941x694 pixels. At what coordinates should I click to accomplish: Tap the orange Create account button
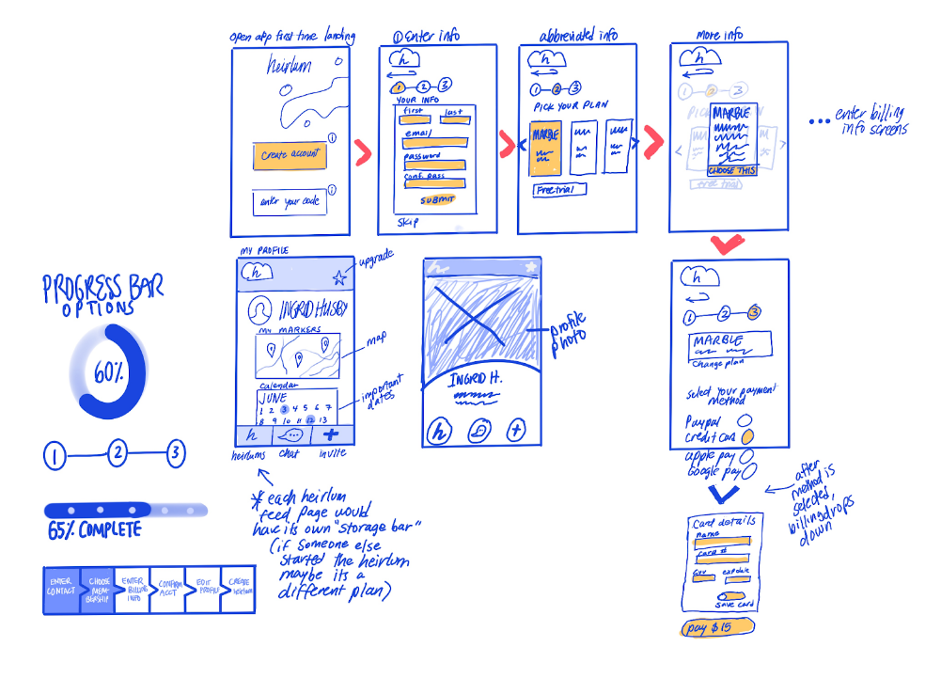pyautogui.click(x=290, y=156)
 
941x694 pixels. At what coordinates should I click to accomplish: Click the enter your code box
pyautogui.click(x=290, y=202)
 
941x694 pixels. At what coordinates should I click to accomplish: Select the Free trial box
pyautogui.click(x=558, y=190)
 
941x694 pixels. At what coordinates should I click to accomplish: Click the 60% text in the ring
pyautogui.click(x=106, y=372)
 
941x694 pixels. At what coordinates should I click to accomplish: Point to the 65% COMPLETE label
pyautogui.click(x=94, y=530)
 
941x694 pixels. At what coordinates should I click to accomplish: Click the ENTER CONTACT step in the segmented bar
pyautogui.click(x=62, y=590)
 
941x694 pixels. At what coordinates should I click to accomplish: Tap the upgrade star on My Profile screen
pyautogui.click(x=339, y=277)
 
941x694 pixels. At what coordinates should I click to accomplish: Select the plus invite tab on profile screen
pyautogui.click(x=330, y=434)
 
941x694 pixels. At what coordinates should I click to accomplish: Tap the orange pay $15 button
pyautogui.click(x=716, y=628)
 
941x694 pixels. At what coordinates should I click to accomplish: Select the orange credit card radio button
pyautogui.click(x=747, y=438)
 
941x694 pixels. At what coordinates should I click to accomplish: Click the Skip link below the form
pyautogui.click(x=408, y=222)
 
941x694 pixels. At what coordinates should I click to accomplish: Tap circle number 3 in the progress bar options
pyautogui.click(x=175, y=455)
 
